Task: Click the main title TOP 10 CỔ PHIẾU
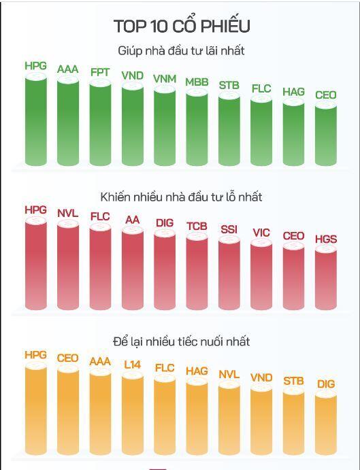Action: click(182, 26)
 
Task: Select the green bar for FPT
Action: click(100, 123)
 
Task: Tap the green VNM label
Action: click(165, 79)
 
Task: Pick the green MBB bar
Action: click(197, 128)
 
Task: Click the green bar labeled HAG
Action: click(293, 133)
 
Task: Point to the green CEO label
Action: click(326, 95)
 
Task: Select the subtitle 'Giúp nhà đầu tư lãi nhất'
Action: click(181, 50)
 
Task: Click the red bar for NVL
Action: click(68, 265)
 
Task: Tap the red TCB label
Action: click(197, 226)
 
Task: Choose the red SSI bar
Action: click(229, 273)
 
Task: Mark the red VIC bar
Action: click(261, 275)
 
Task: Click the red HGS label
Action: click(326, 239)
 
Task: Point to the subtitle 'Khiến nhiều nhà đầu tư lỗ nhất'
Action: click(181, 197)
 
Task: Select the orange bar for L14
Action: click(133, 414)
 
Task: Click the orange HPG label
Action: click(35, 355)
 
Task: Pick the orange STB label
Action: click(293, 381)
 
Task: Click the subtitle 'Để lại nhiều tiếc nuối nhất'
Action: click(182, 341)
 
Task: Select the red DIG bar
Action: click(165, 270)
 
